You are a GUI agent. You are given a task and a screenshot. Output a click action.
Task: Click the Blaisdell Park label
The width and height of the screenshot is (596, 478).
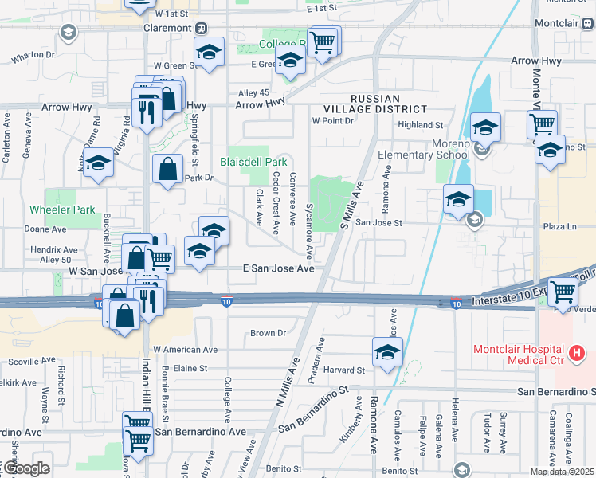coord(253,160)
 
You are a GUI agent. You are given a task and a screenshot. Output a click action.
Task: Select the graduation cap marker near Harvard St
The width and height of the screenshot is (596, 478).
coord(387,351)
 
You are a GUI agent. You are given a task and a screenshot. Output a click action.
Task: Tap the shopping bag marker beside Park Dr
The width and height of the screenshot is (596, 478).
coord(167,169)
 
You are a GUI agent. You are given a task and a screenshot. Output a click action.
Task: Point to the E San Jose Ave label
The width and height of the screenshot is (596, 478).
coord(279,269)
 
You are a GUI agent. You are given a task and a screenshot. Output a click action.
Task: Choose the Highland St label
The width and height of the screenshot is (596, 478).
coord(420,125)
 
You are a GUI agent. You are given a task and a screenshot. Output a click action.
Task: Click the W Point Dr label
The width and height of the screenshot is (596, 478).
coord(332,121)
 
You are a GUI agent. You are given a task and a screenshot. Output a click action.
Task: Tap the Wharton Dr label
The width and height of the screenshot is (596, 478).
coord(33,56)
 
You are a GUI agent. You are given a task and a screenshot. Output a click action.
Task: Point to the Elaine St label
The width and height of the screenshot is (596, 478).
coord(190,369)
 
